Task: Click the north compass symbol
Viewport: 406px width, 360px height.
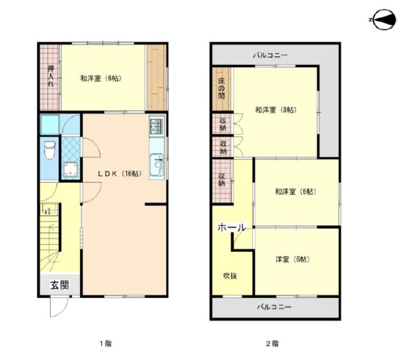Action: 383,20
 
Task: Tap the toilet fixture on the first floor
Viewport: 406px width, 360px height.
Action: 50,150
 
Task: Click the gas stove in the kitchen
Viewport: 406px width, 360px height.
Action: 157,126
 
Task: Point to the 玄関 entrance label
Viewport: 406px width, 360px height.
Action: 60,285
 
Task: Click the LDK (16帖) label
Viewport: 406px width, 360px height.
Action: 120,174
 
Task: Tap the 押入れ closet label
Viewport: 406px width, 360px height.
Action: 51,76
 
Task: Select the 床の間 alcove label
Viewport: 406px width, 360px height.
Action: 222,88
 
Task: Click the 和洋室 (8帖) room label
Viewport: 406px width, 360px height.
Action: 276,110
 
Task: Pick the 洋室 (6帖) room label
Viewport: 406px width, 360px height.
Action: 293,259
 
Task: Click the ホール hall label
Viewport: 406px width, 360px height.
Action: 232,227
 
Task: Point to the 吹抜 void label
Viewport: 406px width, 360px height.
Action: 230,276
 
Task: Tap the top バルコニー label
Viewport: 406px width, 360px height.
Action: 270,55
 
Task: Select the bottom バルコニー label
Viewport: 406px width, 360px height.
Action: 275,307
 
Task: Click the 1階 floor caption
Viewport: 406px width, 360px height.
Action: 106,344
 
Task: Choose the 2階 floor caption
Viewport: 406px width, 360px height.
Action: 273,344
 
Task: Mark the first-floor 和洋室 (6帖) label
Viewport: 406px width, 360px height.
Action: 101,78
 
